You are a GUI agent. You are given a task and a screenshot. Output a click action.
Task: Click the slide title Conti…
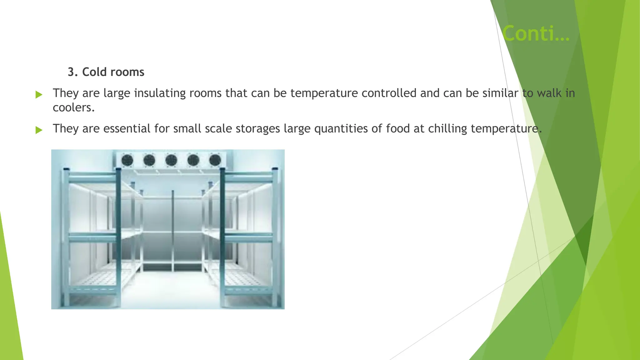click(536, 33)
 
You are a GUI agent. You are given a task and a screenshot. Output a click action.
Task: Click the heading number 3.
click(72, 72)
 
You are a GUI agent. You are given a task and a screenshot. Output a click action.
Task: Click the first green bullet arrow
click(39, 94)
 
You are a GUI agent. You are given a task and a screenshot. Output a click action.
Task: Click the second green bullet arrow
click(39, 130)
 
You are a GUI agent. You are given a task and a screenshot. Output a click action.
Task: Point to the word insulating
click(160, 93)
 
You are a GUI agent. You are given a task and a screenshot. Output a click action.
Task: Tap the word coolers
click(73, 108)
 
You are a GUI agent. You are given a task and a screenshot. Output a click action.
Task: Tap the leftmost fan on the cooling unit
click(127, 161)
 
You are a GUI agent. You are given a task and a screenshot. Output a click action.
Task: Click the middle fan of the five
click(171, 161)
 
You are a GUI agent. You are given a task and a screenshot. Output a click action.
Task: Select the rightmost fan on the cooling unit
click(215, 161)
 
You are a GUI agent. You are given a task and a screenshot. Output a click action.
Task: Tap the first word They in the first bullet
click(66, 93)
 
